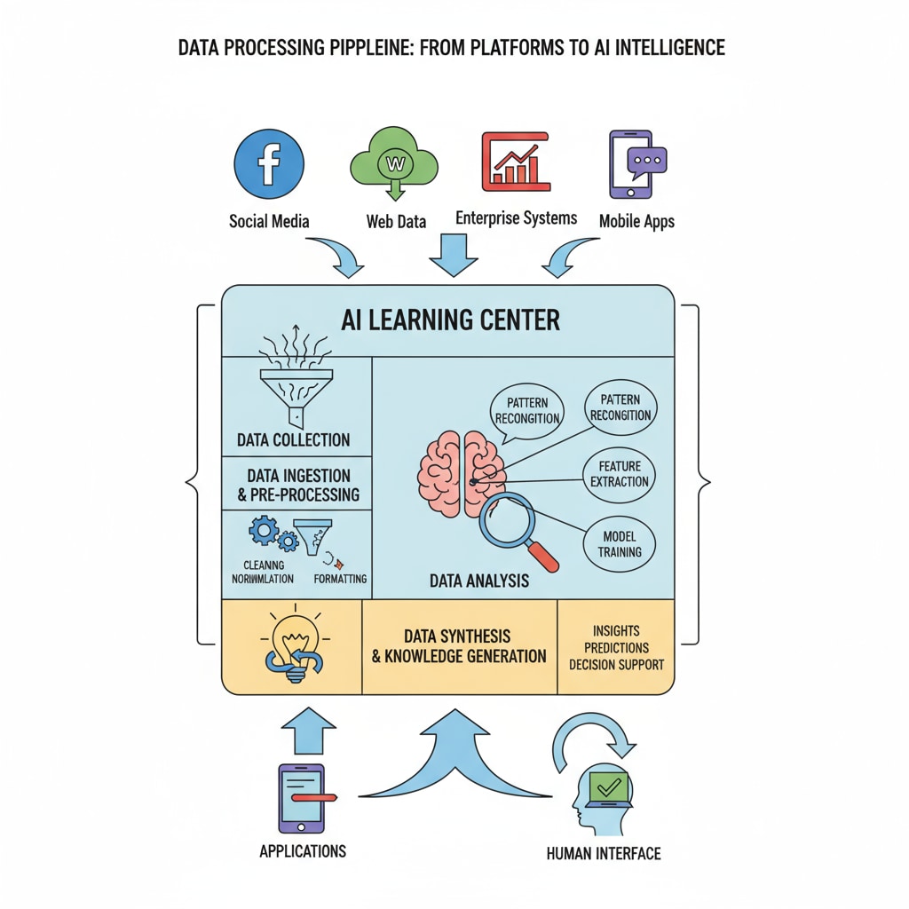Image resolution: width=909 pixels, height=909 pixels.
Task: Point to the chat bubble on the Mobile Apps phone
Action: [646, 161]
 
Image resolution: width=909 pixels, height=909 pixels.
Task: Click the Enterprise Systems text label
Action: [516, 218]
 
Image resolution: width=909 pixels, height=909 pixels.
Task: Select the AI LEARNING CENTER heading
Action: [450, 320]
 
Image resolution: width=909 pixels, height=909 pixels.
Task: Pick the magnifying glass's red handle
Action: [543, 557]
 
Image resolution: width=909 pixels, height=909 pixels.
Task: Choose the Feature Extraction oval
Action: [620, 474]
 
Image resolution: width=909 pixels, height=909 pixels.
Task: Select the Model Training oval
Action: [620, 544]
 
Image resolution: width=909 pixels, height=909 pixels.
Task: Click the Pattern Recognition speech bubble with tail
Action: [526, 410]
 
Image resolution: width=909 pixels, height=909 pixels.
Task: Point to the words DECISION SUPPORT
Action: [616, 664]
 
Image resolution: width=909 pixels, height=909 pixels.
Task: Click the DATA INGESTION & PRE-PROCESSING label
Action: [297, 485]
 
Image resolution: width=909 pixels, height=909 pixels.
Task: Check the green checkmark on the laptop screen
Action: [609, 786]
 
